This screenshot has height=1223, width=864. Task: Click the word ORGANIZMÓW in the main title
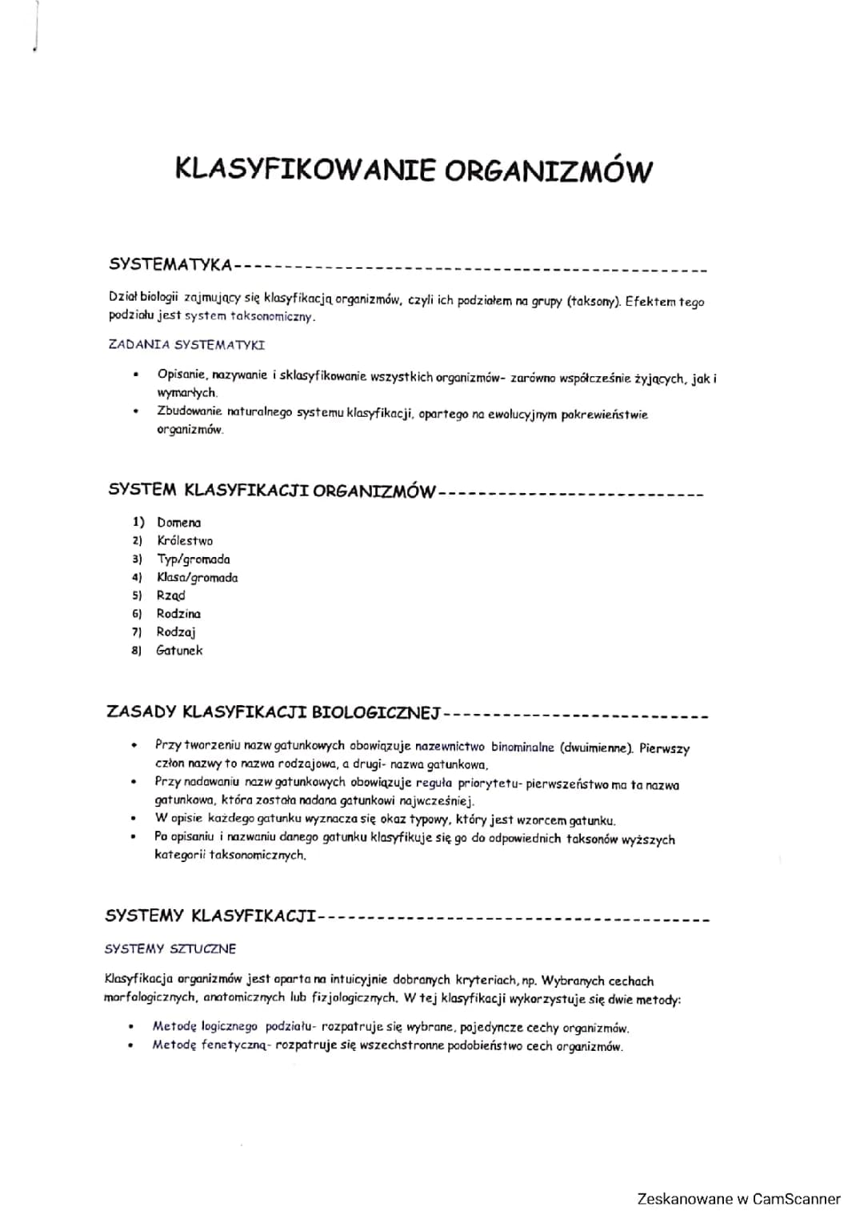(x=548, y=170)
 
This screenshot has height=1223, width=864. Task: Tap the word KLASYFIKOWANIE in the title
(x=306, y=170)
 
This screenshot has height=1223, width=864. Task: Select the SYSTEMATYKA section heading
(x=170, y=264)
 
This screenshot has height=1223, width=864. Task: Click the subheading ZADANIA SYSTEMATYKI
(x=186, y=345)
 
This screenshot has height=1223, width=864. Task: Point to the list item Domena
(x=178, y=523)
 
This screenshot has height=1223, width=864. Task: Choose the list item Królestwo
(x=185, y=541)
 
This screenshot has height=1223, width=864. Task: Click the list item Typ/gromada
(x=193, y=559)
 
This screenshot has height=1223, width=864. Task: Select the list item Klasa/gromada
(x=197, y=578)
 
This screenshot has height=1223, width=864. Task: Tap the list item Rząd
(x=170, y=595)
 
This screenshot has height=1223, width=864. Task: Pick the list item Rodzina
(x=178, y=614)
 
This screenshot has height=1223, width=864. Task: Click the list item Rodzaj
(x=176, y=632)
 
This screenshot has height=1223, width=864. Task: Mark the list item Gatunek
(x=179, y=651)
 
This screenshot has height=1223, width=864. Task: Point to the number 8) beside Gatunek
(x=137, y=651)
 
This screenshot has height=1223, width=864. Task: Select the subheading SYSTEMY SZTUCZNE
(x=170, y=948)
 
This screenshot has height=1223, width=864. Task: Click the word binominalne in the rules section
(x=522, y=747)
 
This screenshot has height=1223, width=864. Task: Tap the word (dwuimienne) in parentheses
(x=597, y=748)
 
